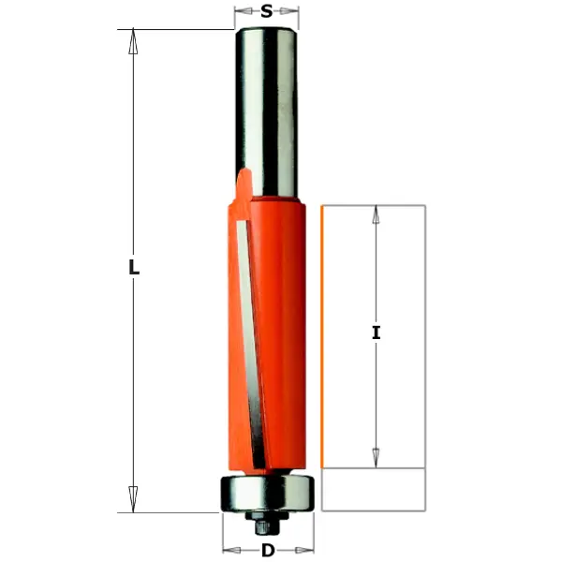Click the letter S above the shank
pos(267,12)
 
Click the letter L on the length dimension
pos(134,268)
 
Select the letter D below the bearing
pos(268,551)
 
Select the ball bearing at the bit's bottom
pos(267,492)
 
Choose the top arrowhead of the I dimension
pos(376,214)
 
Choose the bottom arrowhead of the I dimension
pos(376,456)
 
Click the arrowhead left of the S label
pos(241,12)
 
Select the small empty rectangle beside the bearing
pos(374,489)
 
